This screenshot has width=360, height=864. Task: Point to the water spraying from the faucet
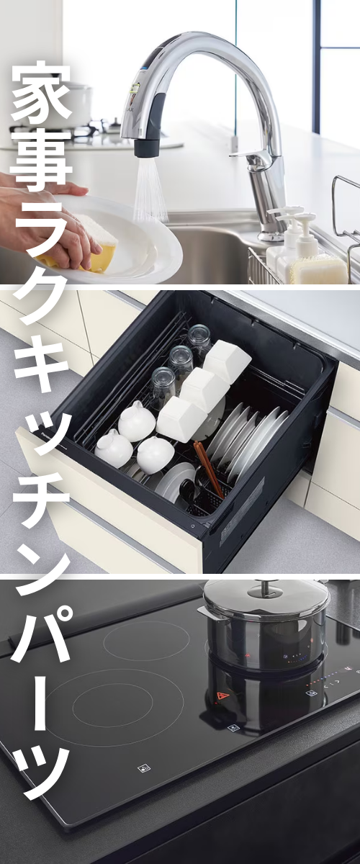[151, 191]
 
